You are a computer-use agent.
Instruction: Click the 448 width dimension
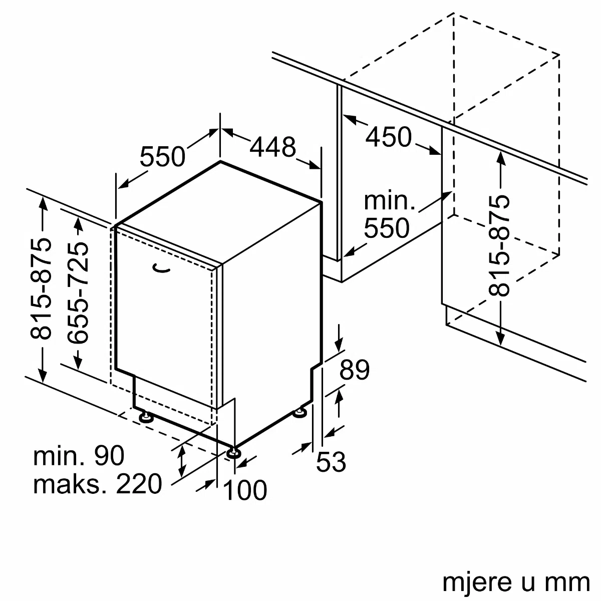(x=273, y=147)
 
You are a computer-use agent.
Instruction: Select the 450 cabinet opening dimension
(x=388, y=137)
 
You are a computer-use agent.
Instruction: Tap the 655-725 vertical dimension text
(x=78, y=292)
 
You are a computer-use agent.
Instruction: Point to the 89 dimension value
(x=354, y=370)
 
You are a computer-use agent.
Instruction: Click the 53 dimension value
(x=331, y=462)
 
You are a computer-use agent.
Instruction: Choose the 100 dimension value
(x=245, y=490)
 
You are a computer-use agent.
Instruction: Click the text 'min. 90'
(x=79, y=456)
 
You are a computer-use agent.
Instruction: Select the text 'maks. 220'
(x=98, y=484)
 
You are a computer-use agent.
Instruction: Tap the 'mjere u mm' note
(x=515, y=582)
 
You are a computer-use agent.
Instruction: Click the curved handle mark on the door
(x=161, y=269)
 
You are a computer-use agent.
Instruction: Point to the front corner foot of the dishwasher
(x=233, y=453)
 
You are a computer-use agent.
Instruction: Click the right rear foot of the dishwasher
(x=300, y=412)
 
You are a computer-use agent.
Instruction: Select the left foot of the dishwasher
(x=146, y=417)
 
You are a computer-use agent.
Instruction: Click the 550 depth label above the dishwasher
(x=162, y=157)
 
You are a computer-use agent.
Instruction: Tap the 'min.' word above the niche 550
(x=389, y=200)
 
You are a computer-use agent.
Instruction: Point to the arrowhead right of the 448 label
(x=315, y=166)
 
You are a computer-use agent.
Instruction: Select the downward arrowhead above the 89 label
(x=339, y=346)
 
